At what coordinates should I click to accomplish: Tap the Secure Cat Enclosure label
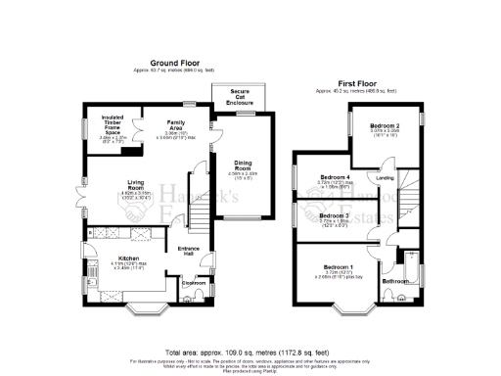[239, 97]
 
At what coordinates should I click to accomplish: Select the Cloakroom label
[193, 283]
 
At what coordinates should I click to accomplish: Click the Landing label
[385, 178]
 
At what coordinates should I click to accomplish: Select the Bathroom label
[395, 282]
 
